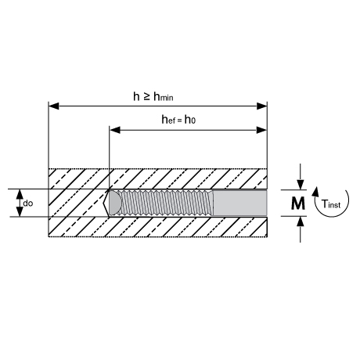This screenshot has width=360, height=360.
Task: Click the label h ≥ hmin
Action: [153, 96]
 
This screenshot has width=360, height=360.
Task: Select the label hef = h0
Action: [178, 120]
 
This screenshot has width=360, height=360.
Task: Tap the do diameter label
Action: [28, 203]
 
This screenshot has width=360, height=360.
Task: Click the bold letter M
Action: [297, 203]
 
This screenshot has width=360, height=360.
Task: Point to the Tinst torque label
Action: [331, 203]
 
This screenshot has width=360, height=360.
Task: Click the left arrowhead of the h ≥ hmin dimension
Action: [54, 106]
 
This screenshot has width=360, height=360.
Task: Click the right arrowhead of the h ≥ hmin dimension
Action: [262, 106]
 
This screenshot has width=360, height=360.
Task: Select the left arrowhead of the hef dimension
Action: [115, 130]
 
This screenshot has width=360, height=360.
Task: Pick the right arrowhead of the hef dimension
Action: [262, 130]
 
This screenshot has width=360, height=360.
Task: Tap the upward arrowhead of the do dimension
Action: [20, 194]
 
